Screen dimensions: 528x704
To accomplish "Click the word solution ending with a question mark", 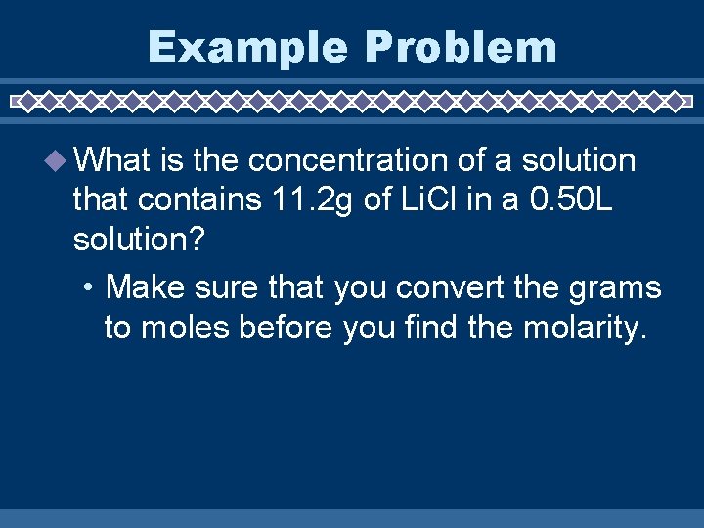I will pos(138,241).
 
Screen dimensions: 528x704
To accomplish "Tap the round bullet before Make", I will pos(89,288).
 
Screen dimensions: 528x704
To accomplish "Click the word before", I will pos(286,329).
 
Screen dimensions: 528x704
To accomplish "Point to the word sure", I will pos(222,288).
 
